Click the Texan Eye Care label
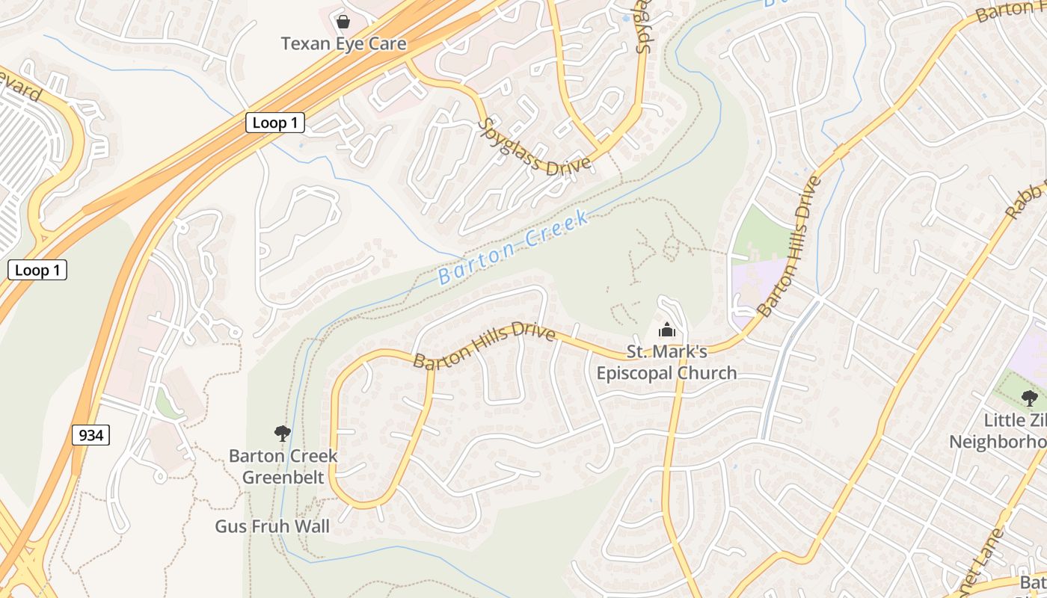pyautogui.click(x=343, y=44)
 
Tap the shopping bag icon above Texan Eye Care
pyautogui.click(x=343, y=21)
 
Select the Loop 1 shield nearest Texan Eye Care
pyautogui.click(x=274, y=123)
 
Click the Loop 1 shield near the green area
pyautogui.click(x=37, y=271)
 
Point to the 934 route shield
pyautogui.click(x=90, y=435)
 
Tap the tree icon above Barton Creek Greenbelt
pyautogui.click(x=282, y=433)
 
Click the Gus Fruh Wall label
pyautogui.click(x=272, y=526)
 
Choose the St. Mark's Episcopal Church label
pyautogui.click(x=666, y=363)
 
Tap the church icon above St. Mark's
pyautogui.click(x=666, y=329)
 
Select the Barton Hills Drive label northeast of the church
pyautogui.click(x=789, y=247)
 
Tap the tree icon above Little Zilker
pyautogui.click(x=1029, y=398)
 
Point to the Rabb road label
pyautogui.click(x=1024, y=200)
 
